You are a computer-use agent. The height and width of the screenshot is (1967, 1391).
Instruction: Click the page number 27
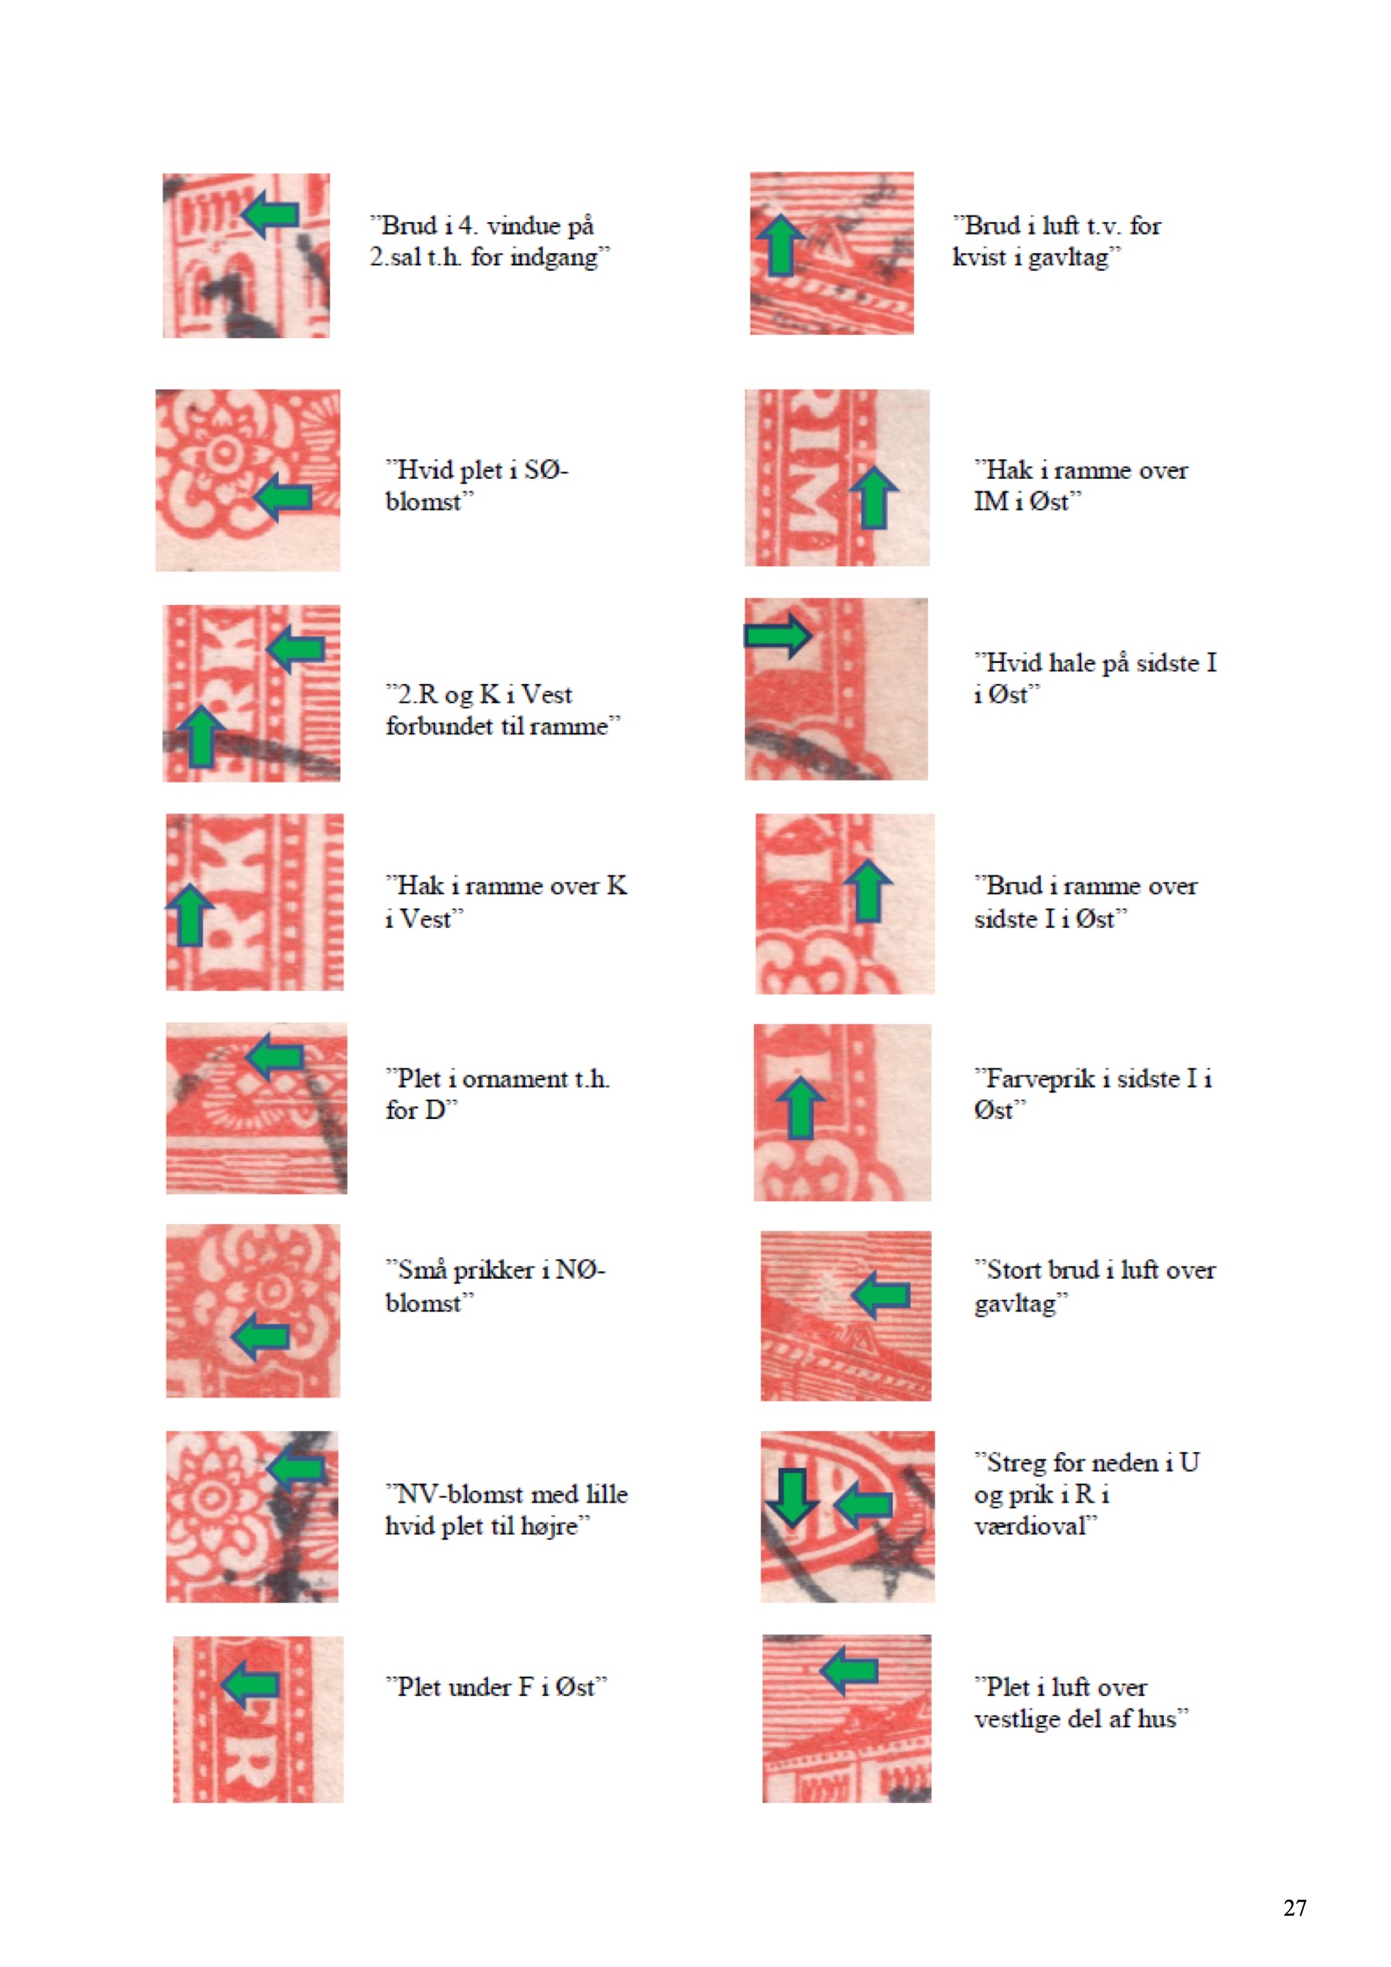(x=1294, y=1907)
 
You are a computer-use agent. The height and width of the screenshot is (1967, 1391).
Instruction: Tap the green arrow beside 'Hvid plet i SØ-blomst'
(x=284, y=496)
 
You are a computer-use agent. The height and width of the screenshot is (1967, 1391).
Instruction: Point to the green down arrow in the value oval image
(x=791, y=1498)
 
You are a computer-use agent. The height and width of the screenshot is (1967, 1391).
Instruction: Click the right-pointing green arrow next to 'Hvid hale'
(x=778, y=636)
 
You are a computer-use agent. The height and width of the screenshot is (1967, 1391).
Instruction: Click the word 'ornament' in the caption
(x=515, y=1079)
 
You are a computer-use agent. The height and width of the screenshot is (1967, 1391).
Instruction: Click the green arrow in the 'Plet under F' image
(x=250, y=1684)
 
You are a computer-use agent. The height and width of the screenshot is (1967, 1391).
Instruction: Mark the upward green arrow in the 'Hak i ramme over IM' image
(x=873, y=497)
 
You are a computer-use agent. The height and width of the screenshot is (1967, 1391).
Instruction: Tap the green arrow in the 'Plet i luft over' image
(x=849, y=1670)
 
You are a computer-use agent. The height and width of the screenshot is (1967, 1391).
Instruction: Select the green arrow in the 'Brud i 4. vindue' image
(x=270, y=215)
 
